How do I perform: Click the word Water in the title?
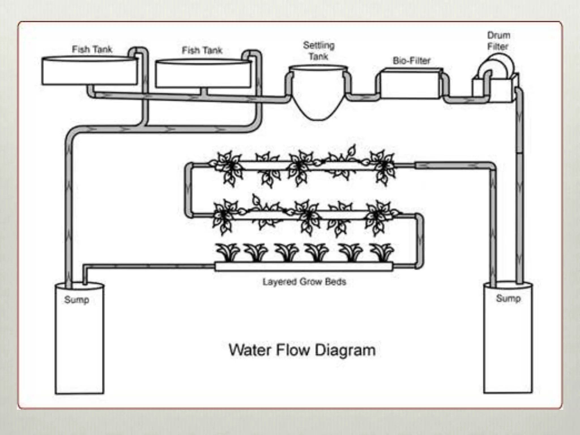(250, 350)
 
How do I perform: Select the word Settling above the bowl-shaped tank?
(319, 45)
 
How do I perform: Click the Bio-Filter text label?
(411, 61)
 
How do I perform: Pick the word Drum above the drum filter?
(498, 35)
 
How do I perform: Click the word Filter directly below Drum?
(498, 46)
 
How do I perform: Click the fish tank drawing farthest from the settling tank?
(89, 71)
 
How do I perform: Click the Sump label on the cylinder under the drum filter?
(508, 298)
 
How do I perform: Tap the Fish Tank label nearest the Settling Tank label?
(202, 50)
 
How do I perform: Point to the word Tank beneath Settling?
(318, 57)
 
